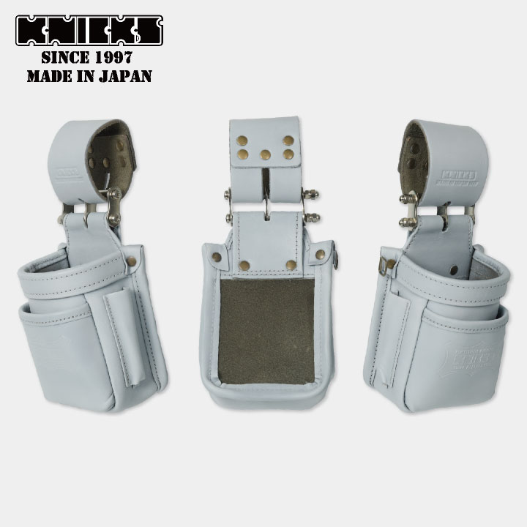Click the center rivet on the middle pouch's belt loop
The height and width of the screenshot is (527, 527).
[265, 154]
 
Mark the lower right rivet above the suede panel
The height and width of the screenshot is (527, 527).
[291, 265]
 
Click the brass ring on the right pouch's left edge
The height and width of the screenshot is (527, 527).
[392, 264]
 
